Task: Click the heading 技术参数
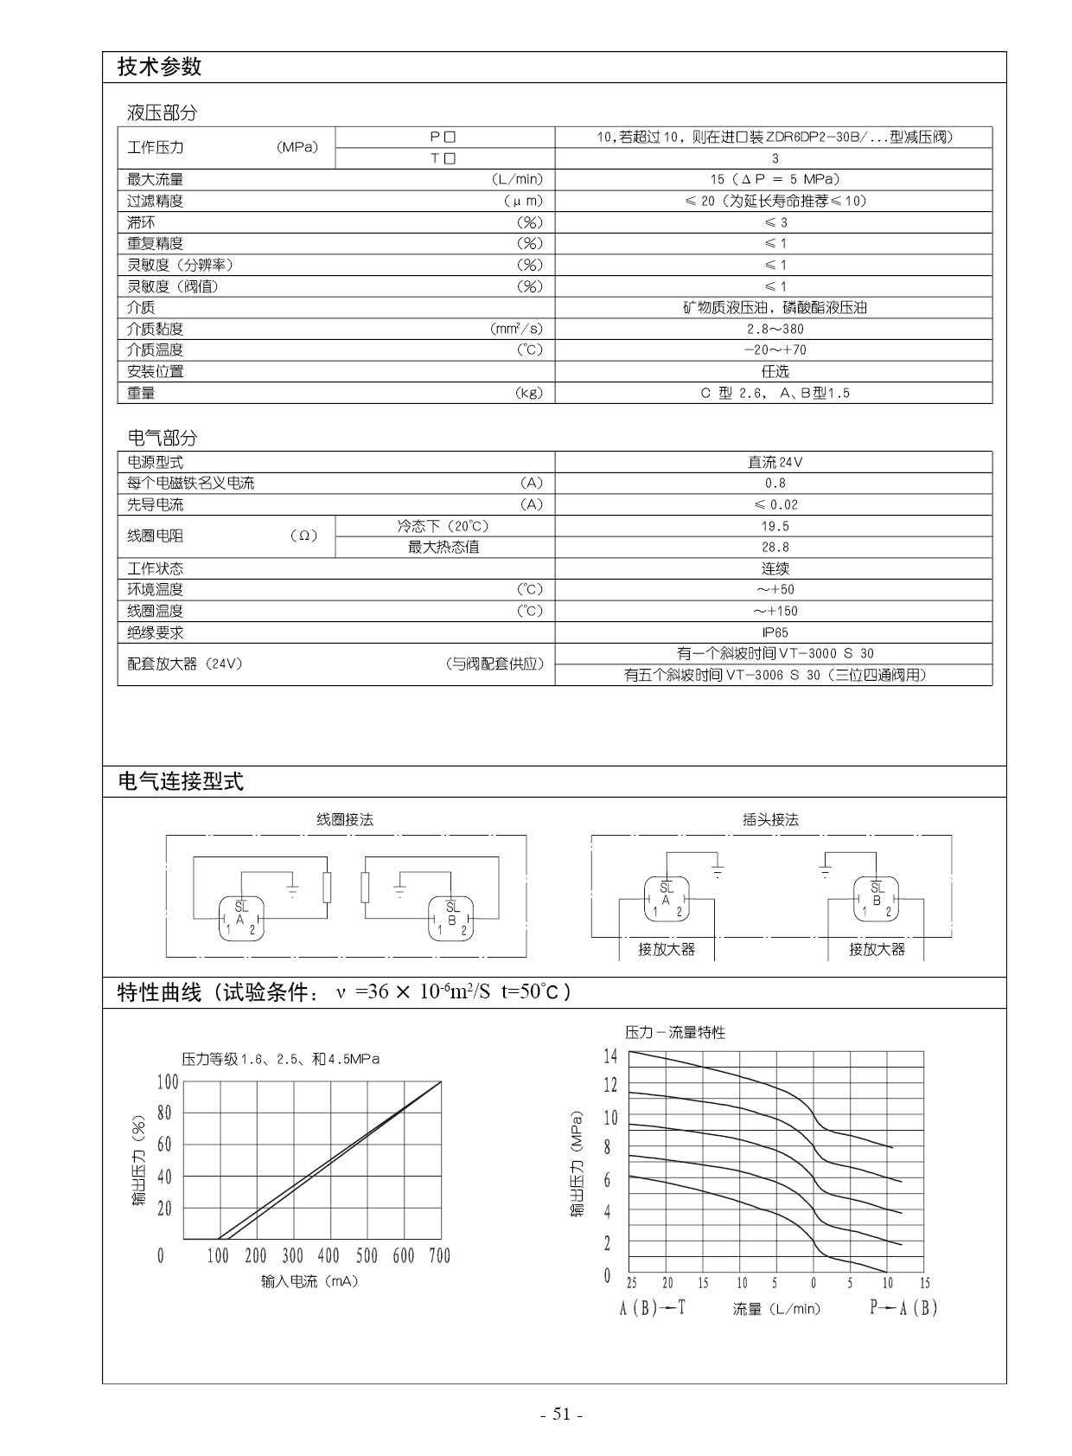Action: click(x=159, y=67)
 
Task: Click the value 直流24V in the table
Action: click(x=775, y=462)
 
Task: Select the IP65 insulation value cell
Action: click(x=775, y=632)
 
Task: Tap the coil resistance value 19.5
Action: click(x=775, y=526)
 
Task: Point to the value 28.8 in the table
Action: click(x=775, y=547)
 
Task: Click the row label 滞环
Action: click(x=141, y=222)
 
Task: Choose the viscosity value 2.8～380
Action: click(x=775, y=329)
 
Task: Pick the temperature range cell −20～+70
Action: click(x=775, y=350)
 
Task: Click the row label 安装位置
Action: click(x=156, y=371)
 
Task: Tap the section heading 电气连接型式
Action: click(x=181, y=782)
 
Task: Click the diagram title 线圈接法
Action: click(x=345, y=819)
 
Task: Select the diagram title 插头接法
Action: click(x=770, y=819)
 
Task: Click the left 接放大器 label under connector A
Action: click(x=667, y=949)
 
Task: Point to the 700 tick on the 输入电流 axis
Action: click(x=440, y=1255)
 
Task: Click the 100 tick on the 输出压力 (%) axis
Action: click(x=168, y=1082)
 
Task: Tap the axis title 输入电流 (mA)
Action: click(x=309, y=1281)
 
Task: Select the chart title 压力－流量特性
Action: click(x=675, y=1032)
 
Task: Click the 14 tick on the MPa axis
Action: click(x=610, y=1055)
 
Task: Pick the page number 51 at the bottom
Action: click(x=562, y=1414)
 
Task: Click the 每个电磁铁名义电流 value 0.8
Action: click(x=775, y=484)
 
